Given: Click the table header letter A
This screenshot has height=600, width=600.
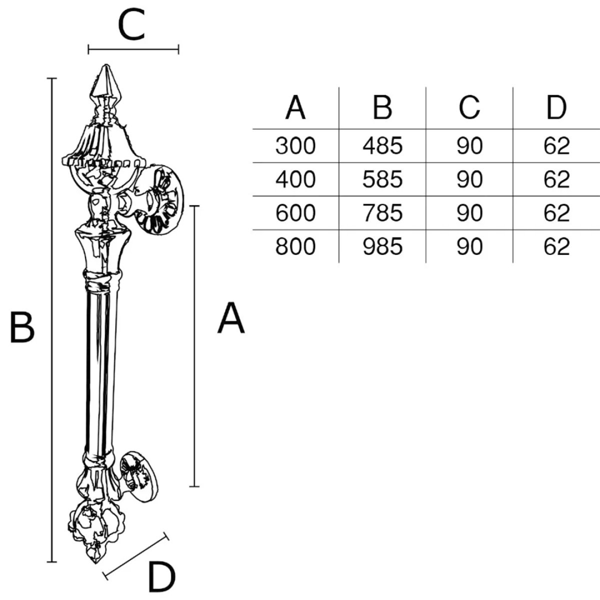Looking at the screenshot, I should click(x=295, y=107).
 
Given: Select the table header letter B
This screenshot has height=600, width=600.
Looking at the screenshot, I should click(x=382, y=107).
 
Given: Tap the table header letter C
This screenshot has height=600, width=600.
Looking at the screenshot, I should click(x=469, y=107).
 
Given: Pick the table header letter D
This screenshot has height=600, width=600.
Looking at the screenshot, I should click(x=556, y=107).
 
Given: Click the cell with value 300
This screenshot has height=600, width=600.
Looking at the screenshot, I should click(x=295, y=146).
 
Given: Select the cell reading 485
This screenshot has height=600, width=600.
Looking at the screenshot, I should click(x=382, y=146).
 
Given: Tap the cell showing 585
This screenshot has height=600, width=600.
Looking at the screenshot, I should click(x=382, y=179).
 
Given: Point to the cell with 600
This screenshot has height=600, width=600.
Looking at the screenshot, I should click(x=295, y=213).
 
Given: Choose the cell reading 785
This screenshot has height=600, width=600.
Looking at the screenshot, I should click(x=382, y=213).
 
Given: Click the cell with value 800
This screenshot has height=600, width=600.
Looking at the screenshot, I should click(x=295, y=247).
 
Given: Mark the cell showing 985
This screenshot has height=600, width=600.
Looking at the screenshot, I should click(x=382, y=247).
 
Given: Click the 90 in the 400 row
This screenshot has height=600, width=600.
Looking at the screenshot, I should click(x=469, y=179).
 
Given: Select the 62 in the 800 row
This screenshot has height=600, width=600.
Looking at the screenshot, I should click(x=556, y=247).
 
